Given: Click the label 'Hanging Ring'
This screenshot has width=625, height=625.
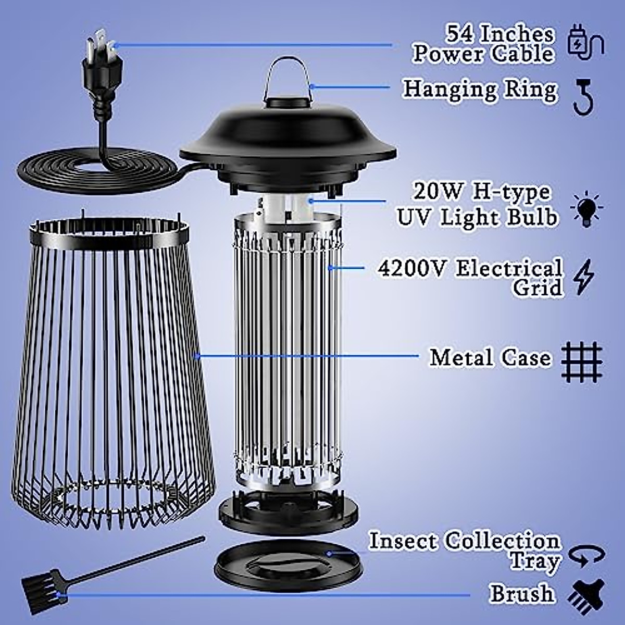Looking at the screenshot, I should tap(480, 90).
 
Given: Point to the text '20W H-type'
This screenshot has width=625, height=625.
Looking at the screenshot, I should tap(482, 193).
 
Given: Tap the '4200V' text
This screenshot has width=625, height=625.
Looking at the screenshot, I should tap(411, 269).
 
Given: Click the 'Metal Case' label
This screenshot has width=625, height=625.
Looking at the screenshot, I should tap(490, 358).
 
